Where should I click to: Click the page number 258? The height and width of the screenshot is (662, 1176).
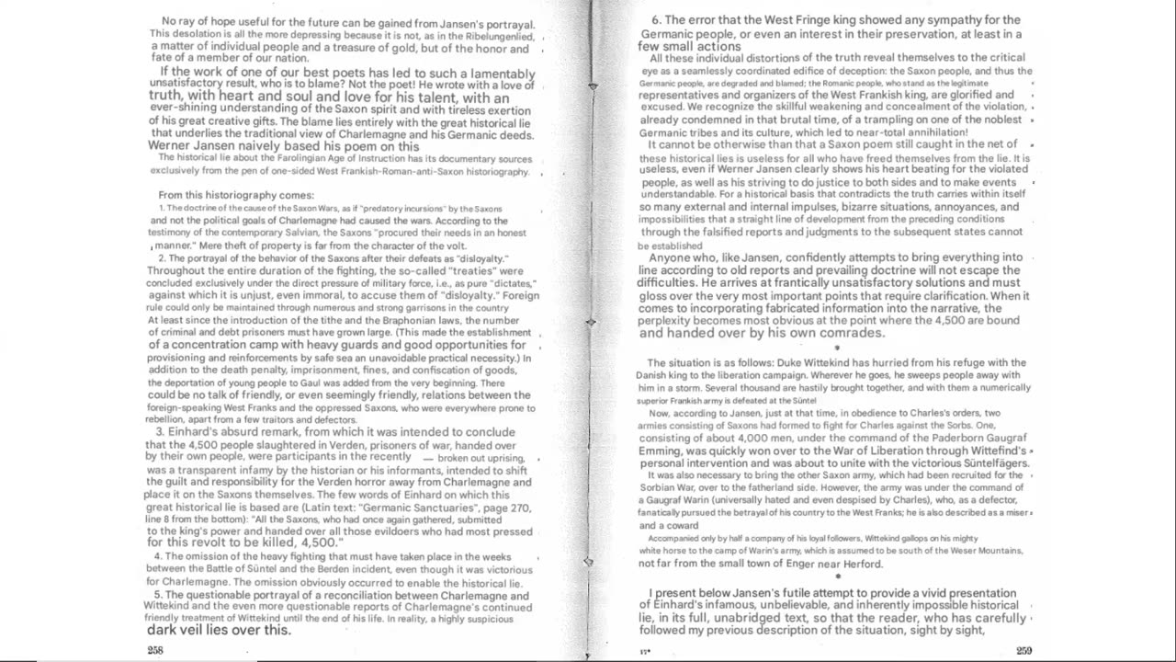click(155, 649)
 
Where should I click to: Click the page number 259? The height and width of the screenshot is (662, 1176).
click(1023, 650)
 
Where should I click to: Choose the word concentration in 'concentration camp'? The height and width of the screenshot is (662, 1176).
click(201, 344)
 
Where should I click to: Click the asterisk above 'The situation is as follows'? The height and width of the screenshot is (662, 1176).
click(836, 348)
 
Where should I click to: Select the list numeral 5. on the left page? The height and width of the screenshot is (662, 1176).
click(157, 595)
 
